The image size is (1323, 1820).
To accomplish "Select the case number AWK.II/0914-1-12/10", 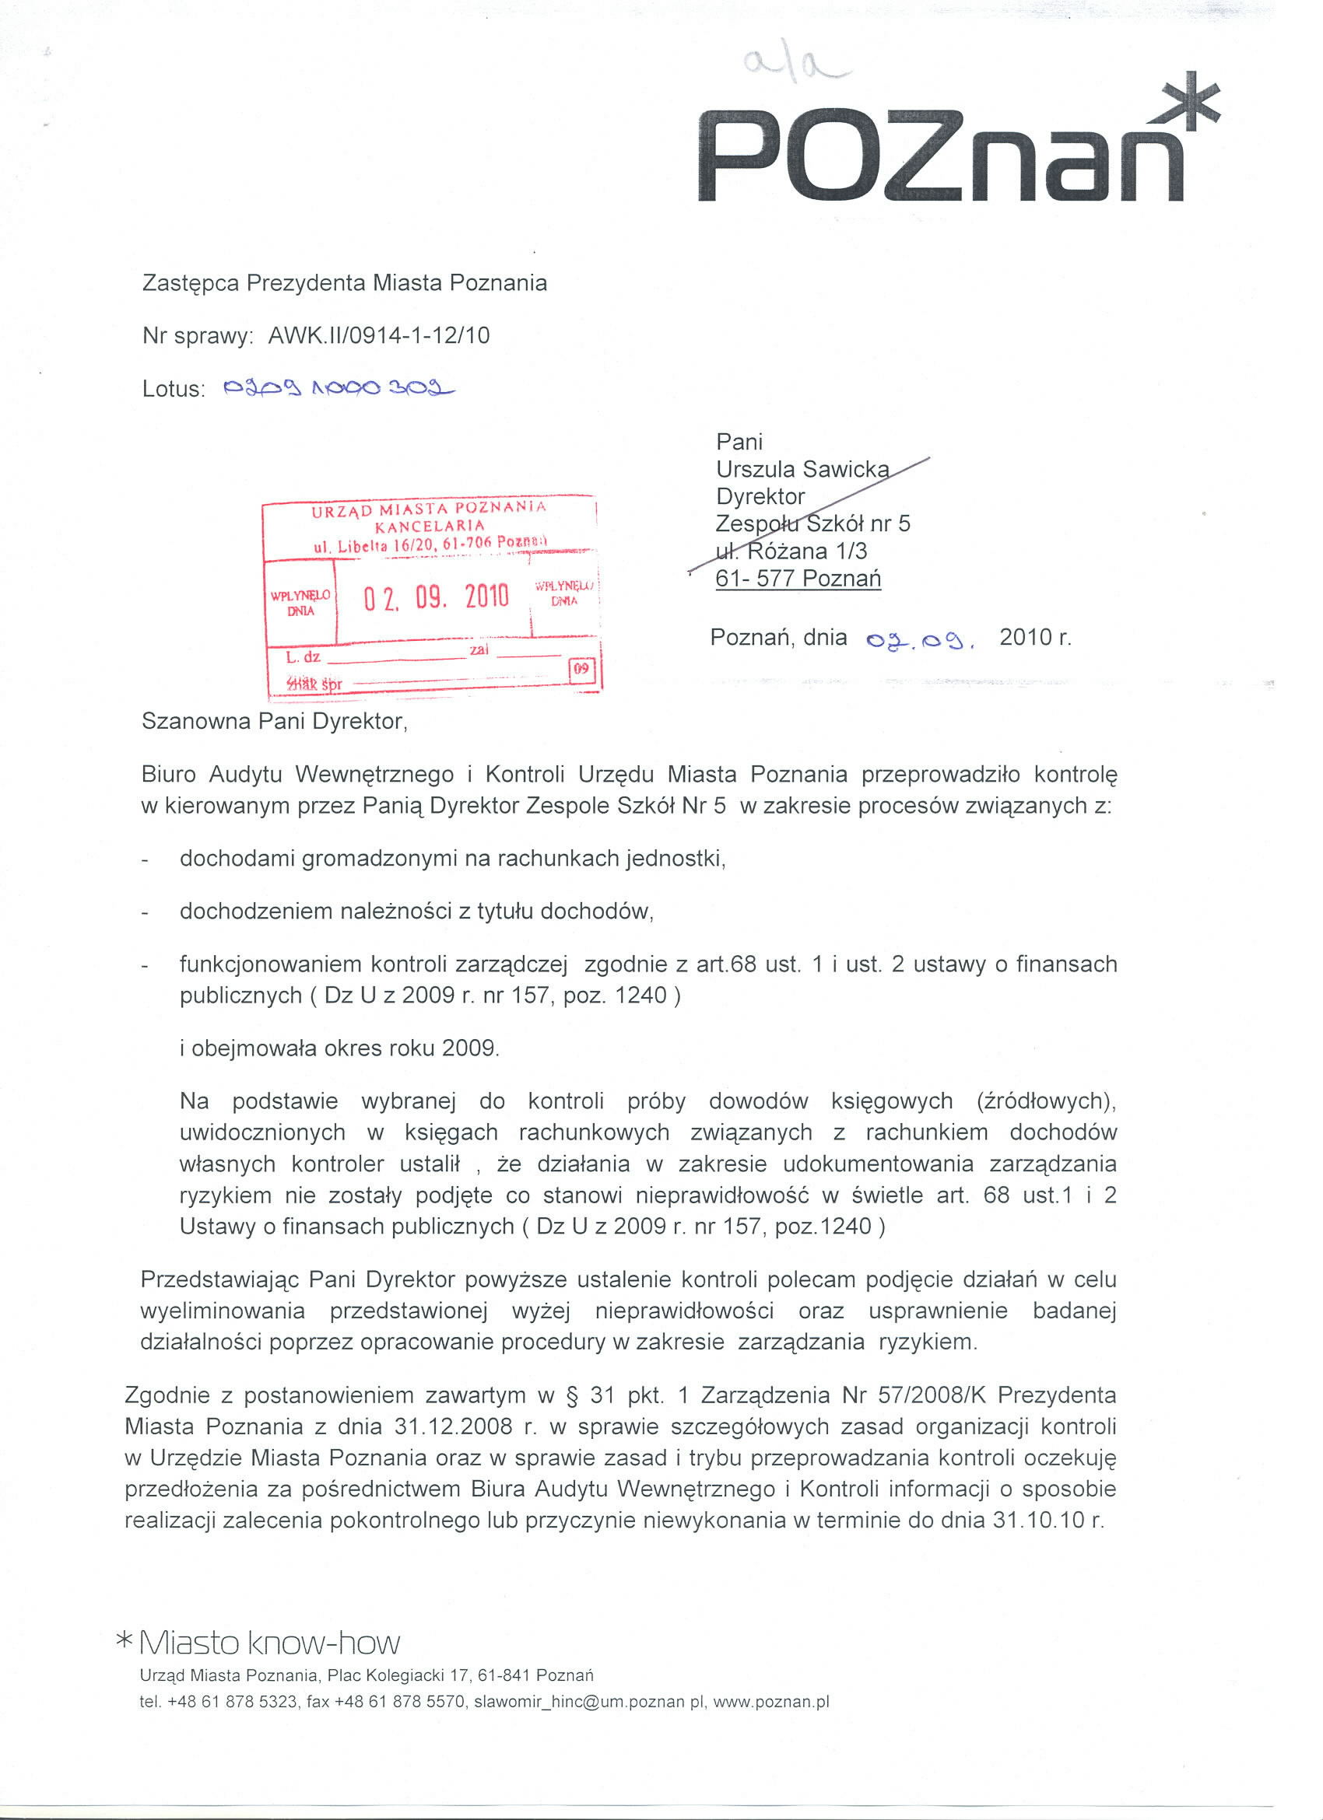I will pos(378,335).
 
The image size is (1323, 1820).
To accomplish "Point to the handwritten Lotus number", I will pos(336,388).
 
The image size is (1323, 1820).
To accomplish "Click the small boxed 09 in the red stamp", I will pos(581,668).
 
